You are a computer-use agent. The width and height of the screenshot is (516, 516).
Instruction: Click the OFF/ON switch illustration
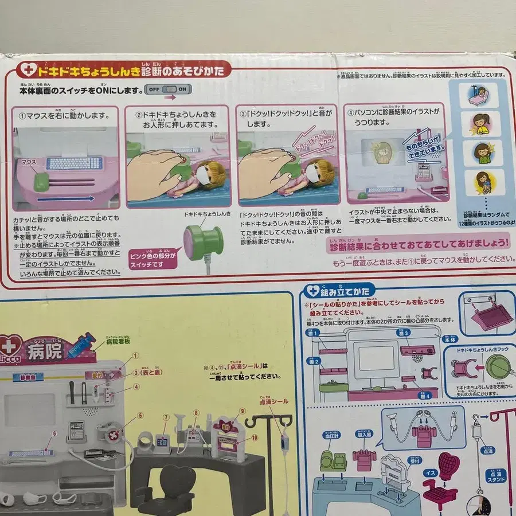[x=168, y=90]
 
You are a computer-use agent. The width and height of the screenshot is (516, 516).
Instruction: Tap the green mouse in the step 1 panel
[x=41, y=182]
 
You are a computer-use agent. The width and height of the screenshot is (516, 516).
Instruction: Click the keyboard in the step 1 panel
[x=74, y=163]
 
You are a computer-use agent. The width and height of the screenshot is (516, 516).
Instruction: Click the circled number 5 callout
[x=140, y=416]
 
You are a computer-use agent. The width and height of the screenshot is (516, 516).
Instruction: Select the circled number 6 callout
[x=55, y=434]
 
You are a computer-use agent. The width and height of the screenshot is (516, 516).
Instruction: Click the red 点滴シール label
[x=273, y=401]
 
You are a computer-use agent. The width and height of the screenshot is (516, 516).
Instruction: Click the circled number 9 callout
[x=243, y=411]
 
